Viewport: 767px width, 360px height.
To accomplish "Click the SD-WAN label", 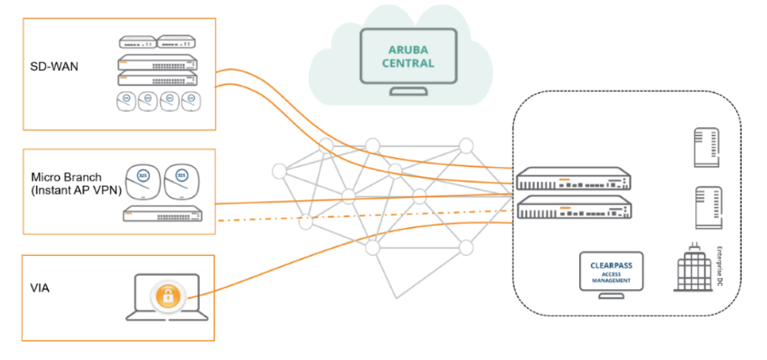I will pos(54,67).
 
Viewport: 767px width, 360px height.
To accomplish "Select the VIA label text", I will pos(40,288).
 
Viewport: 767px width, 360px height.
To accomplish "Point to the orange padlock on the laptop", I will pos(167,295).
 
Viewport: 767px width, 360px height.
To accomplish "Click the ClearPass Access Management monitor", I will pos(611,272).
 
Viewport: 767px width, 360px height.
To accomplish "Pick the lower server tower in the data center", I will pos(707,207).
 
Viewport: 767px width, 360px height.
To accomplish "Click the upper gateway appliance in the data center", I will pos(573,179).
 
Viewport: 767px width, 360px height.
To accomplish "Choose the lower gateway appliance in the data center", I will pos(573,209).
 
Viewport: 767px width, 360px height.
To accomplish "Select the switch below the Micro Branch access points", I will pos(168,214).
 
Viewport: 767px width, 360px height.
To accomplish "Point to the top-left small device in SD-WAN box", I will pos(136,42).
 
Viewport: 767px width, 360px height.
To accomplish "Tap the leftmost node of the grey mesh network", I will pos(279,171).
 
